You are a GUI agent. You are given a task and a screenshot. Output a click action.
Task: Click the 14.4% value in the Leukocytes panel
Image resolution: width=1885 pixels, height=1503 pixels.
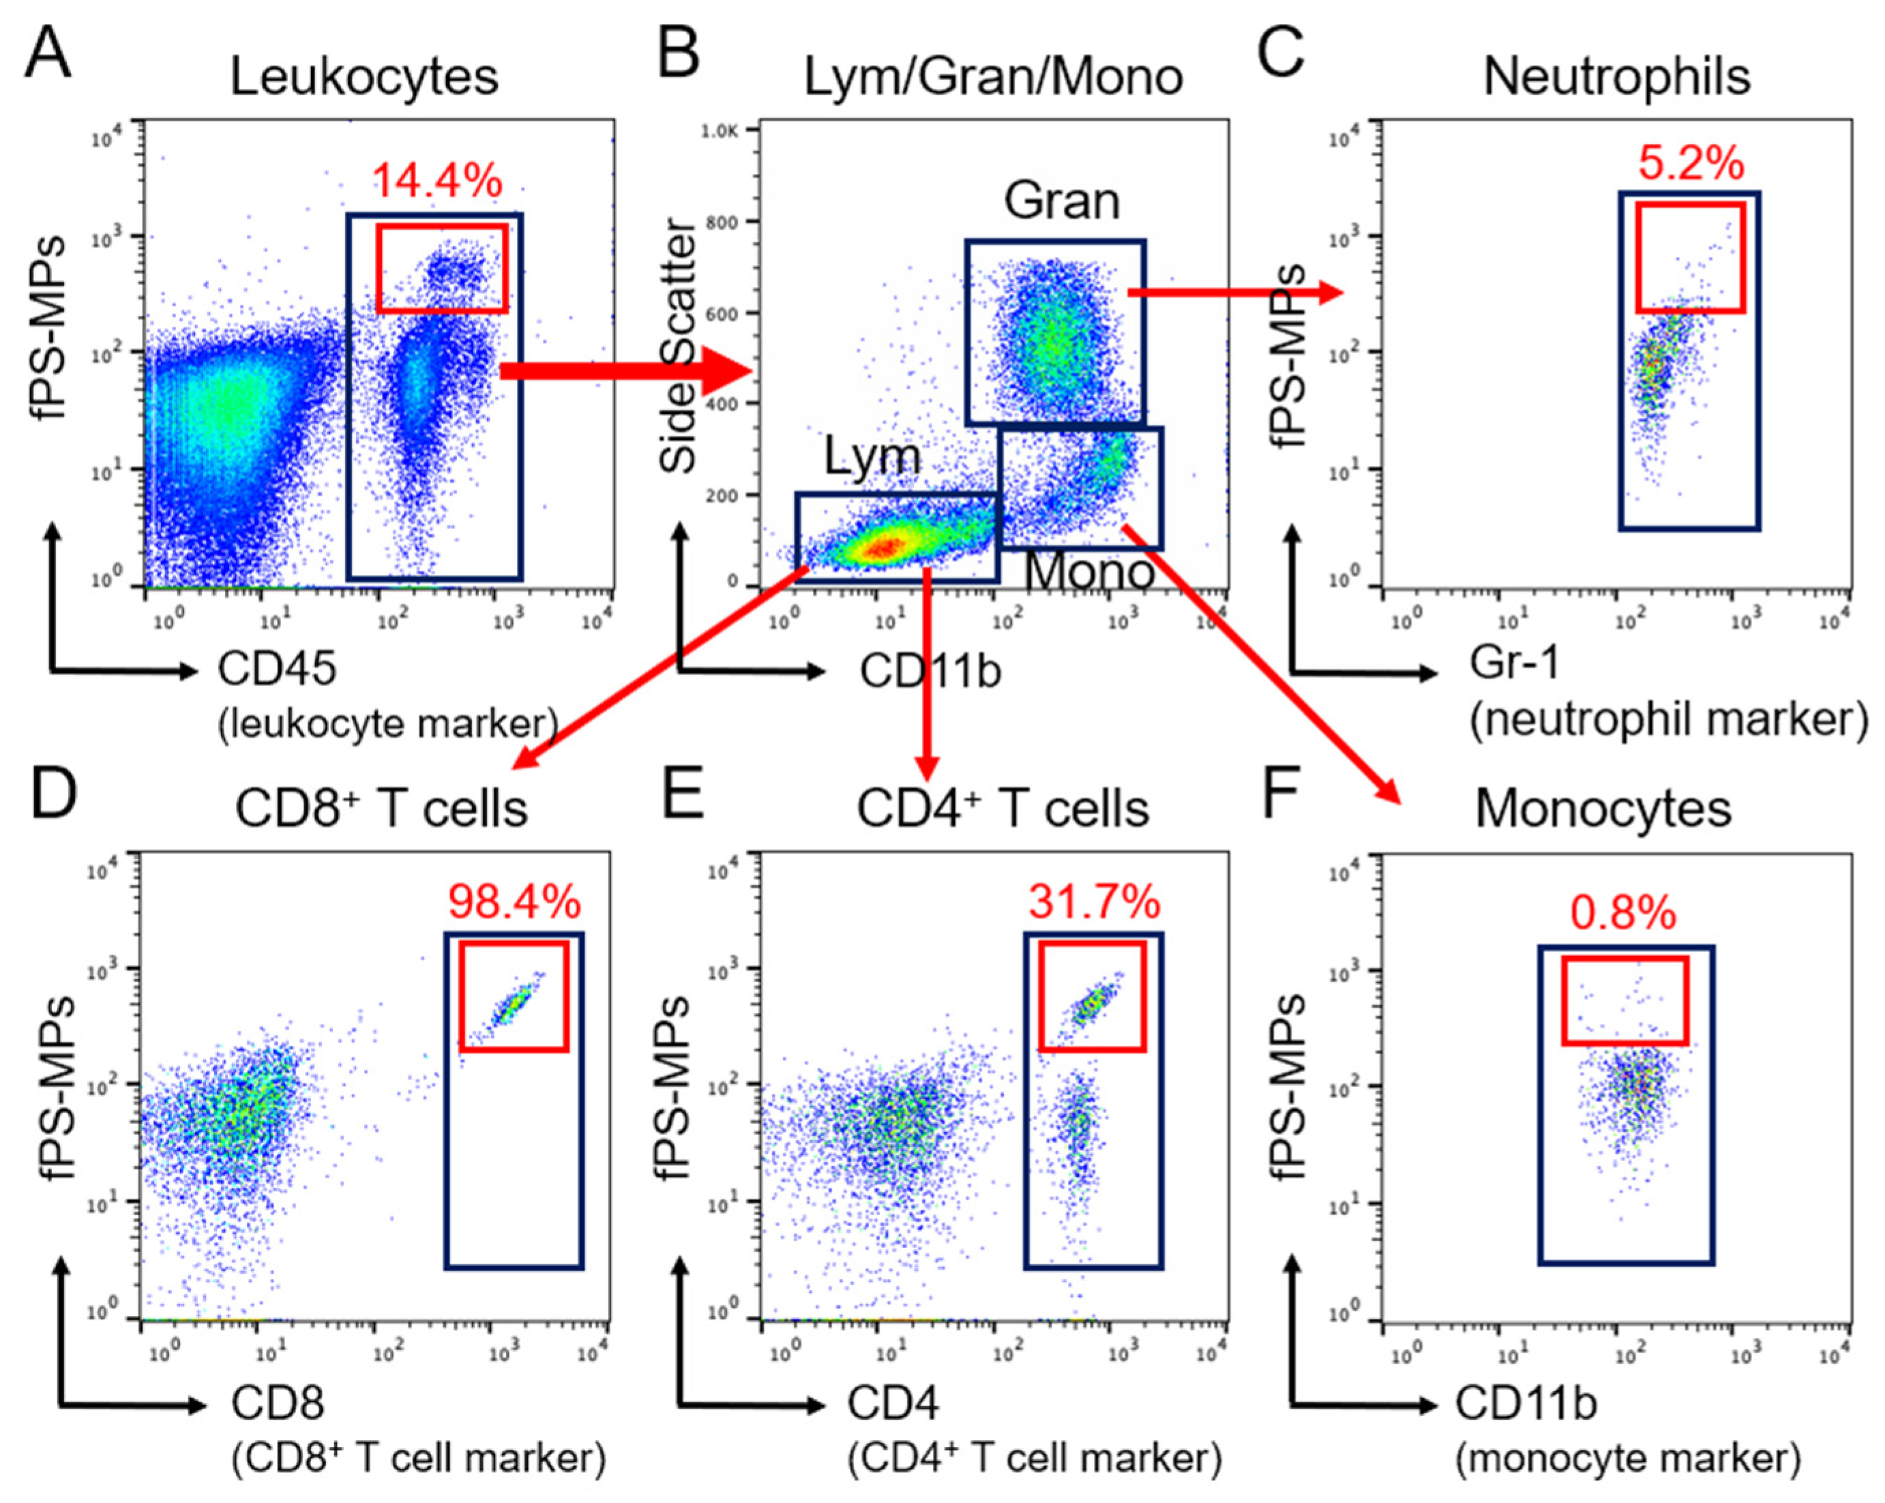pyautogui.click(x=437, y=181)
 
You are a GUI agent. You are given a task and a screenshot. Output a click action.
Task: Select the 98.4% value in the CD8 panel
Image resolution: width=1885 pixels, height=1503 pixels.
pyautogui.click(x=514, y=902)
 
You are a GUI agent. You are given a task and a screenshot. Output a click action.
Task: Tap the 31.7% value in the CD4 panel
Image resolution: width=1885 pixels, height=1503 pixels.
pyautogui.click(x=1094, y=902)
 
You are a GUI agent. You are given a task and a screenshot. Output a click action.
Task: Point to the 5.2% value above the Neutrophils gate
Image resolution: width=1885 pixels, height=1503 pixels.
pyautogui.click(x=1691, y=164)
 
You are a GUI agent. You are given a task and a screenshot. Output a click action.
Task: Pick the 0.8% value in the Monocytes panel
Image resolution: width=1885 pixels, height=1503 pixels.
pyautogui.click(x=1624, y=914)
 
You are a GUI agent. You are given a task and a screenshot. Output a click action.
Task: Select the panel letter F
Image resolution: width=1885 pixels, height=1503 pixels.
pyautogui.click(x=1283, y=792)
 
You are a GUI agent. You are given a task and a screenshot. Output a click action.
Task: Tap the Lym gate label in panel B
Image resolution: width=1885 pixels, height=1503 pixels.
pyautogui.click(x=872, y=456)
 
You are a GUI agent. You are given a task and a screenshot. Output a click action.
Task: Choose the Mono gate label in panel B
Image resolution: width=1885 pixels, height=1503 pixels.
pyautogui.click(x=1089, y=572)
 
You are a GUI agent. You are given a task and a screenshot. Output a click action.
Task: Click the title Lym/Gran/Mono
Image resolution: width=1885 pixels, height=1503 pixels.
pyautogui.click(x=993, y=77)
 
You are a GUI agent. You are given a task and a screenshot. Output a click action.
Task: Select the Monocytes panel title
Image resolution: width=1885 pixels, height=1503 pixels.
pyautogui.click(x=1603, y=809)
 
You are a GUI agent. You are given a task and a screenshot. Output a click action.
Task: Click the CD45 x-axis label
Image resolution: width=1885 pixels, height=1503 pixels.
pyautogui.click(x=277, y=670)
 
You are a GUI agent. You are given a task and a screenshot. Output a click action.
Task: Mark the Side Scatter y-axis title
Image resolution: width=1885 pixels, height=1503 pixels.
pyautogui.click(x=679, y=348)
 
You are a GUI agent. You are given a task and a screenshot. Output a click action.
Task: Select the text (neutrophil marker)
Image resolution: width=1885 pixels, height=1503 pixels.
pyautogui.click(x=1668, y=720)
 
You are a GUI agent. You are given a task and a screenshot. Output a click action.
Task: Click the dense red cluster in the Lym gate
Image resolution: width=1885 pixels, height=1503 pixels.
pyautogui.click(x=885, y=548)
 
